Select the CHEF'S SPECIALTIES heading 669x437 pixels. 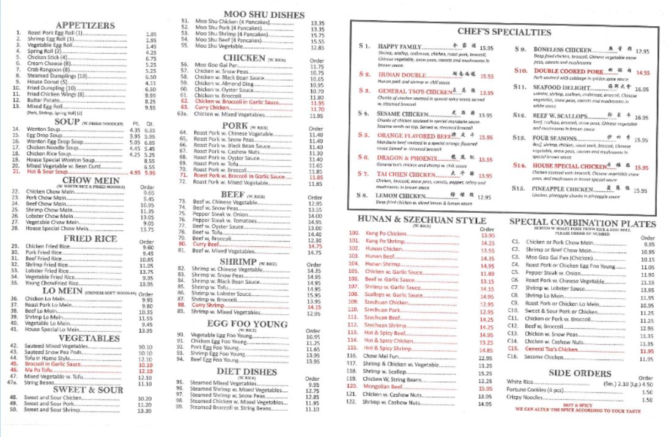coord(505,32)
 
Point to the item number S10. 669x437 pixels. coord(520,72)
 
